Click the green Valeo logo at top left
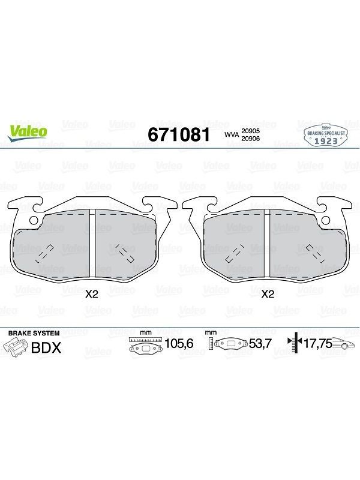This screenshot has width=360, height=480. [x=28, y=133]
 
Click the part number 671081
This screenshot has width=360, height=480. [x=179, y=134]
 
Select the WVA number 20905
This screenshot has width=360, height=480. [x=251, y=131]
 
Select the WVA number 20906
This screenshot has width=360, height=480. [x=251, y=139]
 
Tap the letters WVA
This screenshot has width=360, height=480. [x=232, y=134]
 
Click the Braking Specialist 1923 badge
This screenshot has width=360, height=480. [x=326, y=136]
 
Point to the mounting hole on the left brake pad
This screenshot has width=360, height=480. [x=33, y=220]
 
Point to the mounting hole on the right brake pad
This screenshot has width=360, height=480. [x=326, y=220]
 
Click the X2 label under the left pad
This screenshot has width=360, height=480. [x=92, y=295]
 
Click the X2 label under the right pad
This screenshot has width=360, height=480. [x=268, y=295]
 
